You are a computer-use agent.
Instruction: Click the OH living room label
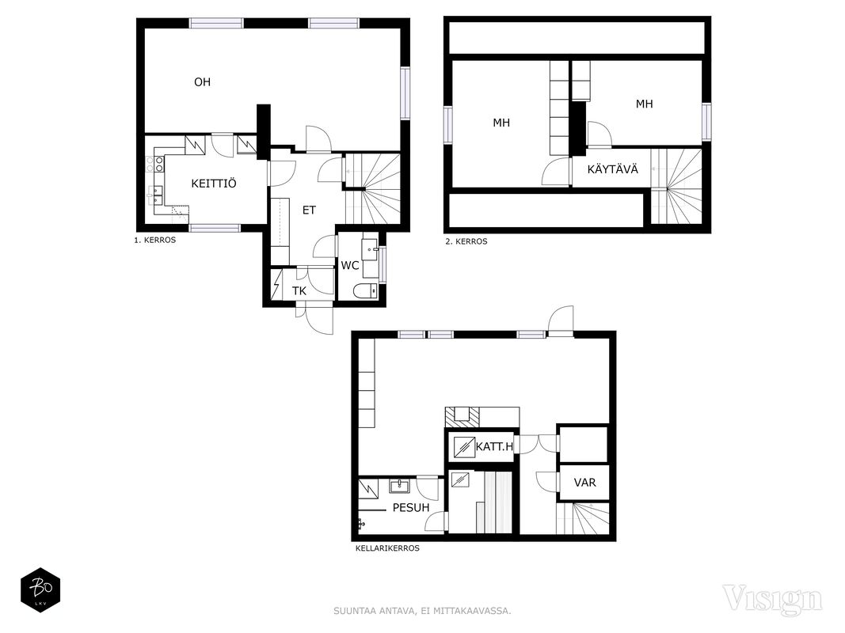(202, 81)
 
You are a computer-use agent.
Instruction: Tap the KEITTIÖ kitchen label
(213, 184)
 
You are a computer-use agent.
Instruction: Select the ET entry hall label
(309, 210)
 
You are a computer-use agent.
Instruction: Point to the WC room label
(350, 265)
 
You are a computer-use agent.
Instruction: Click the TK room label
(299, 291)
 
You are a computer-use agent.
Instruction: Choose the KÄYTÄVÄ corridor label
(613, 169)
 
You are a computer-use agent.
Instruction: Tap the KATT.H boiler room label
(494, 445)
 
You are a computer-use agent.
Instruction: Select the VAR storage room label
(584, 483)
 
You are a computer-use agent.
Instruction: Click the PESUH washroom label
(411, 507)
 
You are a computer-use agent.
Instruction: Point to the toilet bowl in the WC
(366, 291)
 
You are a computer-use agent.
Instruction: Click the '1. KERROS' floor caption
(154, 240)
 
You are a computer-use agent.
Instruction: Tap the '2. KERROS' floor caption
(466, 241)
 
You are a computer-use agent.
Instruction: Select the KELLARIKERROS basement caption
(387, 548)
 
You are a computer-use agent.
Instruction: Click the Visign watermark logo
(772, 599)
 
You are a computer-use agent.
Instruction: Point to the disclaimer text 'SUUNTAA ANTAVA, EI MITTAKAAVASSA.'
(423, 611)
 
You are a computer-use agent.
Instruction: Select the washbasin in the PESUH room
(399, 486)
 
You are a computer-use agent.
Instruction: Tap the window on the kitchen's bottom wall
(215, 228)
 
